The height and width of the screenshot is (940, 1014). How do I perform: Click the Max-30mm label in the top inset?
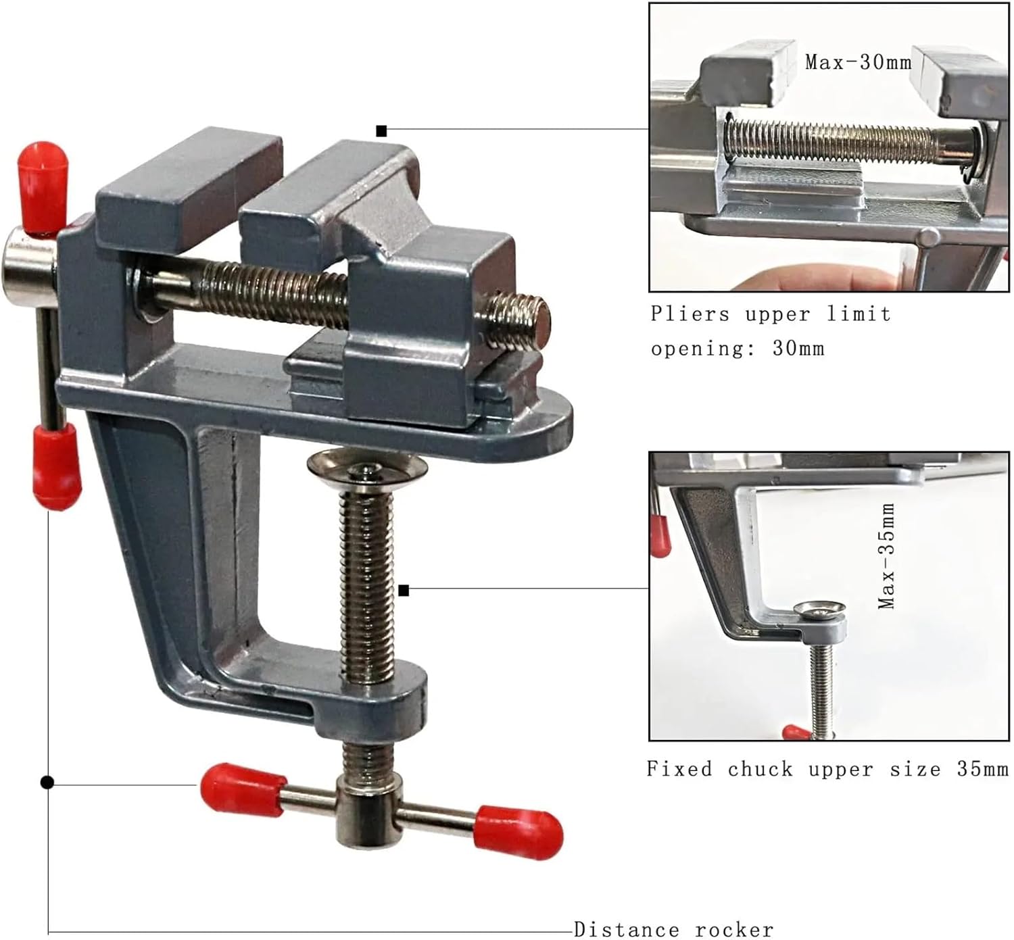tap(858, 62)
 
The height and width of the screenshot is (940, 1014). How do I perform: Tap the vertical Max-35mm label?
tap(887, 555)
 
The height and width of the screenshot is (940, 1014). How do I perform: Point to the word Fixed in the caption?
tap(679, 769)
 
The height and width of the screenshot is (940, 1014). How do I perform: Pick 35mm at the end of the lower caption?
tap(982, 769)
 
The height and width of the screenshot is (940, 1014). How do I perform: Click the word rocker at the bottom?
tap(734, 929)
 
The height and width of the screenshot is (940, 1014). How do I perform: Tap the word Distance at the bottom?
tap(627, 929)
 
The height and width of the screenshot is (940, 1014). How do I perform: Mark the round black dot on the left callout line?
tap(47, 783)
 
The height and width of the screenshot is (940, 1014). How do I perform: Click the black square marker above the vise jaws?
tap(381, 131)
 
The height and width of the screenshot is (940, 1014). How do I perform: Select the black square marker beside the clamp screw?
tap(404, 591)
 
